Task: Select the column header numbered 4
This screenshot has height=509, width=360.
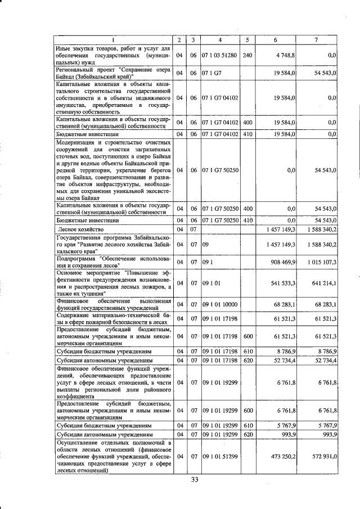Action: [220, 40]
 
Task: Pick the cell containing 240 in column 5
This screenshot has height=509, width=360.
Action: [247, 56]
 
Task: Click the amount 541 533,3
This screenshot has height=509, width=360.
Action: [283, 283]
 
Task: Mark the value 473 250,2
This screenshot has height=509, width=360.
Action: [282, 456]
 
